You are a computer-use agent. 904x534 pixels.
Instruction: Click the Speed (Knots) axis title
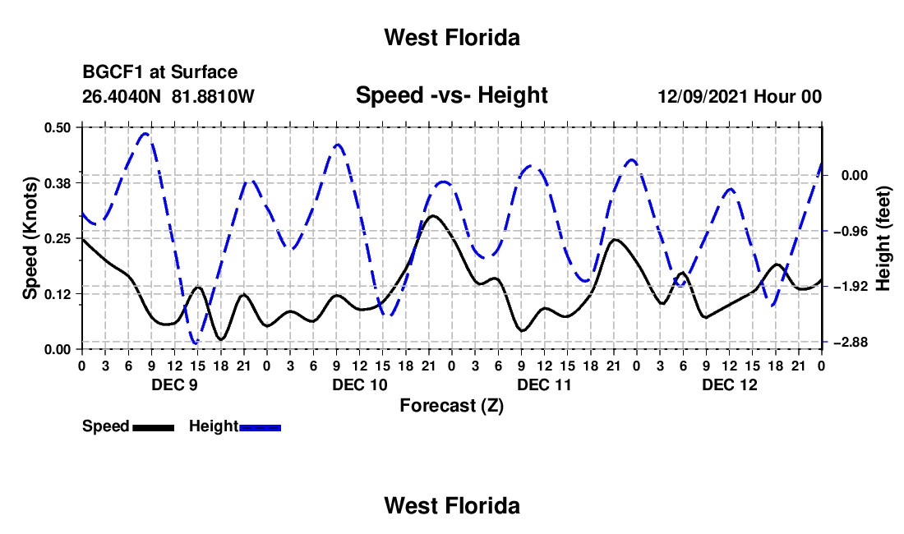tap(30, 238)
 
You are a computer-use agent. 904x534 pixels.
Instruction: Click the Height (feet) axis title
tap(883, 238)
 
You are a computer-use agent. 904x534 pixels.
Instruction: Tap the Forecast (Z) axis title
tap(452, 406)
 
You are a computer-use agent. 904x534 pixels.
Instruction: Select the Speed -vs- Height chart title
tap(451, 95)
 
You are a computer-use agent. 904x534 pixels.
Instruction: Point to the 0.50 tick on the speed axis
tap(57, 127)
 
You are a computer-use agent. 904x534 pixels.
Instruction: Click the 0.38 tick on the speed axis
tap(57, 183)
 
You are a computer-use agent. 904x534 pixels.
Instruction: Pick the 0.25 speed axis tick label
tap(57, 238)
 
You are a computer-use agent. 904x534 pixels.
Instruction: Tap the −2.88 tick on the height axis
tap(851, 343)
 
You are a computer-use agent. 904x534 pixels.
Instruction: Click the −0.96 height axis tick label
tap(851, 232)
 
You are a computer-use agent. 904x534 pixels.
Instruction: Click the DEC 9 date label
tap(175, 384)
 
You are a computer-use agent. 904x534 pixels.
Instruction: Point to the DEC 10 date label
tap(360, 384)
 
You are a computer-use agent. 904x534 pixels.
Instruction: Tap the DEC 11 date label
tap(544, 384)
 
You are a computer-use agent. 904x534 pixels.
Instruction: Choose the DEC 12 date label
tap(729, 384)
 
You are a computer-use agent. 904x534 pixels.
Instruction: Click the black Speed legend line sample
tap(154, 428)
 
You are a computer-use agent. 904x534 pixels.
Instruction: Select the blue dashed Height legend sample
tap(260, 428)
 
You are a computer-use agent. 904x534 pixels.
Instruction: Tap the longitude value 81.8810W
tap(213, 96)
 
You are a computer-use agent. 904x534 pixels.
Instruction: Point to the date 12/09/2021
tap(703, 96)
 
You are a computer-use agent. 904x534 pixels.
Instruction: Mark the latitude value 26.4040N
tap(122, 96)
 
